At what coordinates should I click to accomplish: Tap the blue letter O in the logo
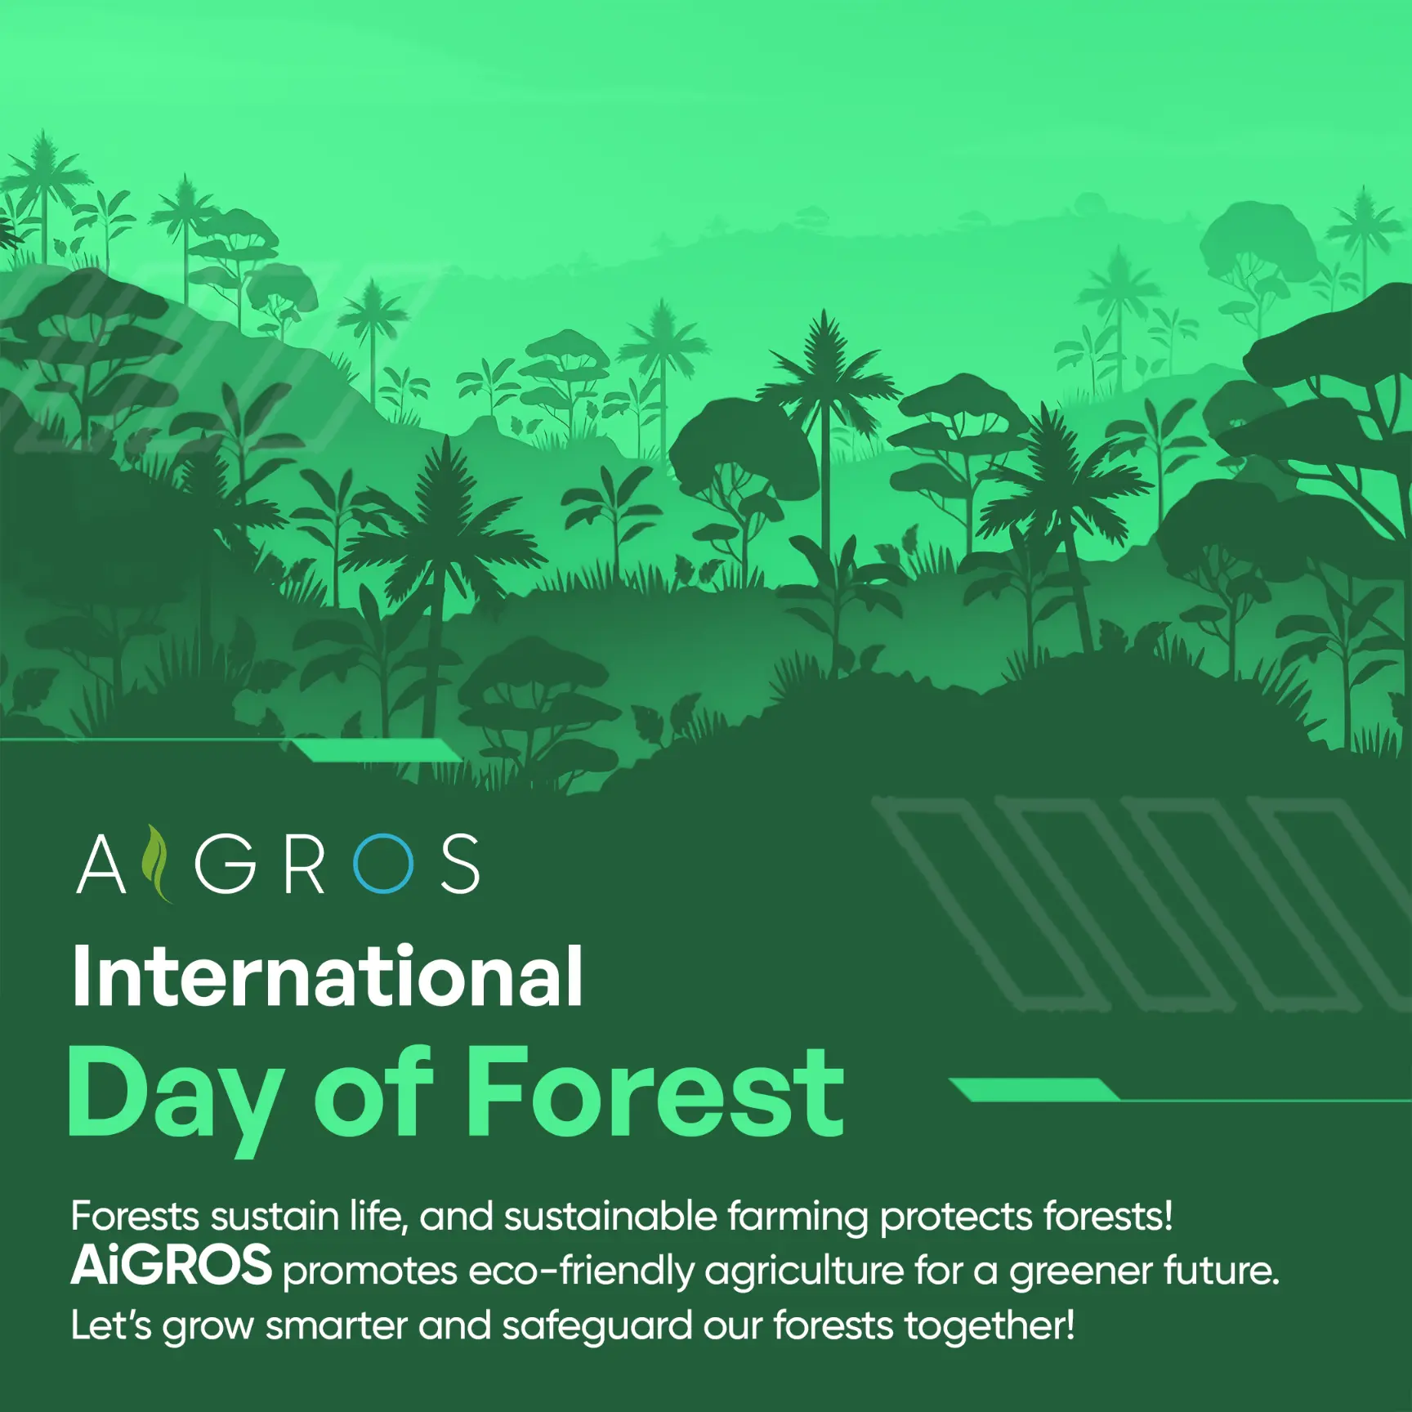382,864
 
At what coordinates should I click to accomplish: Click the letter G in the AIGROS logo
226,864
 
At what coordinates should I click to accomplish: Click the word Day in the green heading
175,1098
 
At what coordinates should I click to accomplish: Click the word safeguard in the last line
597,1326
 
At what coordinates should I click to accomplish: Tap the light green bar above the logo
377,750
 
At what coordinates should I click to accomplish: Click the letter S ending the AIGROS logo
460,864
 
